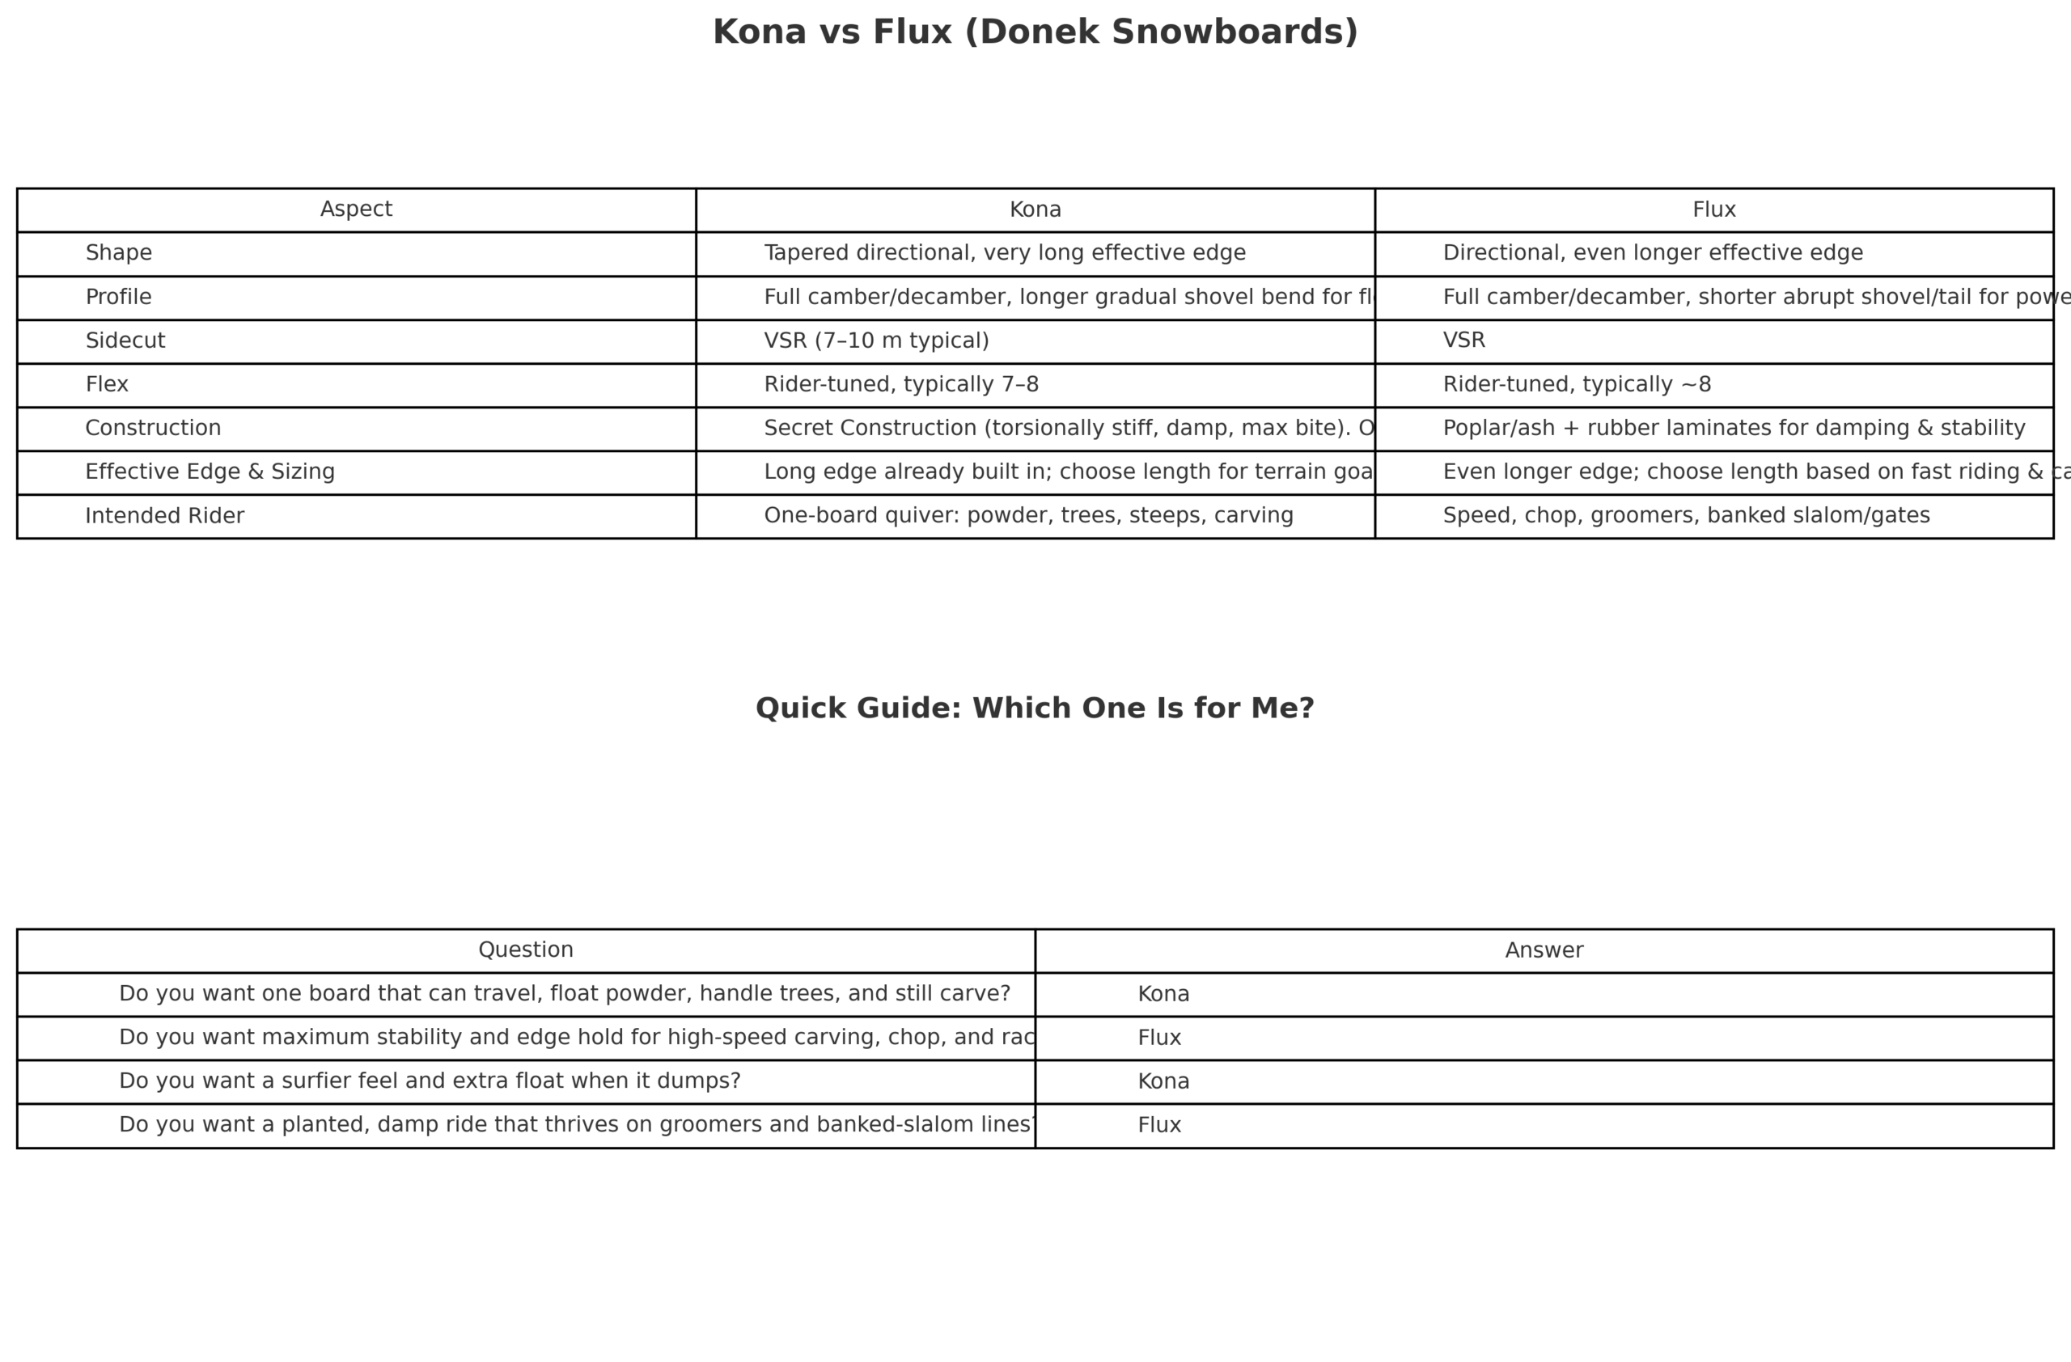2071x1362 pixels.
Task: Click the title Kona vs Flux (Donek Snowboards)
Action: (1035, 32)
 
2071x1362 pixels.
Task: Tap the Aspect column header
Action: (356, 209)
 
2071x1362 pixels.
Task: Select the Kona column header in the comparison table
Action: (1035, 209)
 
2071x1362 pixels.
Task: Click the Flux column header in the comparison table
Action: (1713, 209)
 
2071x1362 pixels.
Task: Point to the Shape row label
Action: (118, 253)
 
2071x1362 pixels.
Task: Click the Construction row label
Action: (153, 428)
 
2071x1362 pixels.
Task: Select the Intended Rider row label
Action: (164, 516)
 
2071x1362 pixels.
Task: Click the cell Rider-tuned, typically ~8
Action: (1577, 384)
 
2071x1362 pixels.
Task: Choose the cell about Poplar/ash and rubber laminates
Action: (1734, 428)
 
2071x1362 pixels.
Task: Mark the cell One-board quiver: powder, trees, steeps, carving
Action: (1028, 516)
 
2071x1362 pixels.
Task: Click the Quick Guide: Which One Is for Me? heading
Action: (1035, 708)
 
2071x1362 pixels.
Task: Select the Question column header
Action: (526, 950)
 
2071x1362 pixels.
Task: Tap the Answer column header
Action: (1544, 950)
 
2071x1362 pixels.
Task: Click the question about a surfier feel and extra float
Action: (429, 1081)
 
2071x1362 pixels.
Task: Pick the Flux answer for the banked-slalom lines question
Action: (1159, 1126)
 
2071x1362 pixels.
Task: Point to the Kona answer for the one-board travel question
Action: (1163, 994)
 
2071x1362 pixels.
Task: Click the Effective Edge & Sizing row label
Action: (210, 472)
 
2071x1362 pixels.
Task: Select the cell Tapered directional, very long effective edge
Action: (1004, 253)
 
